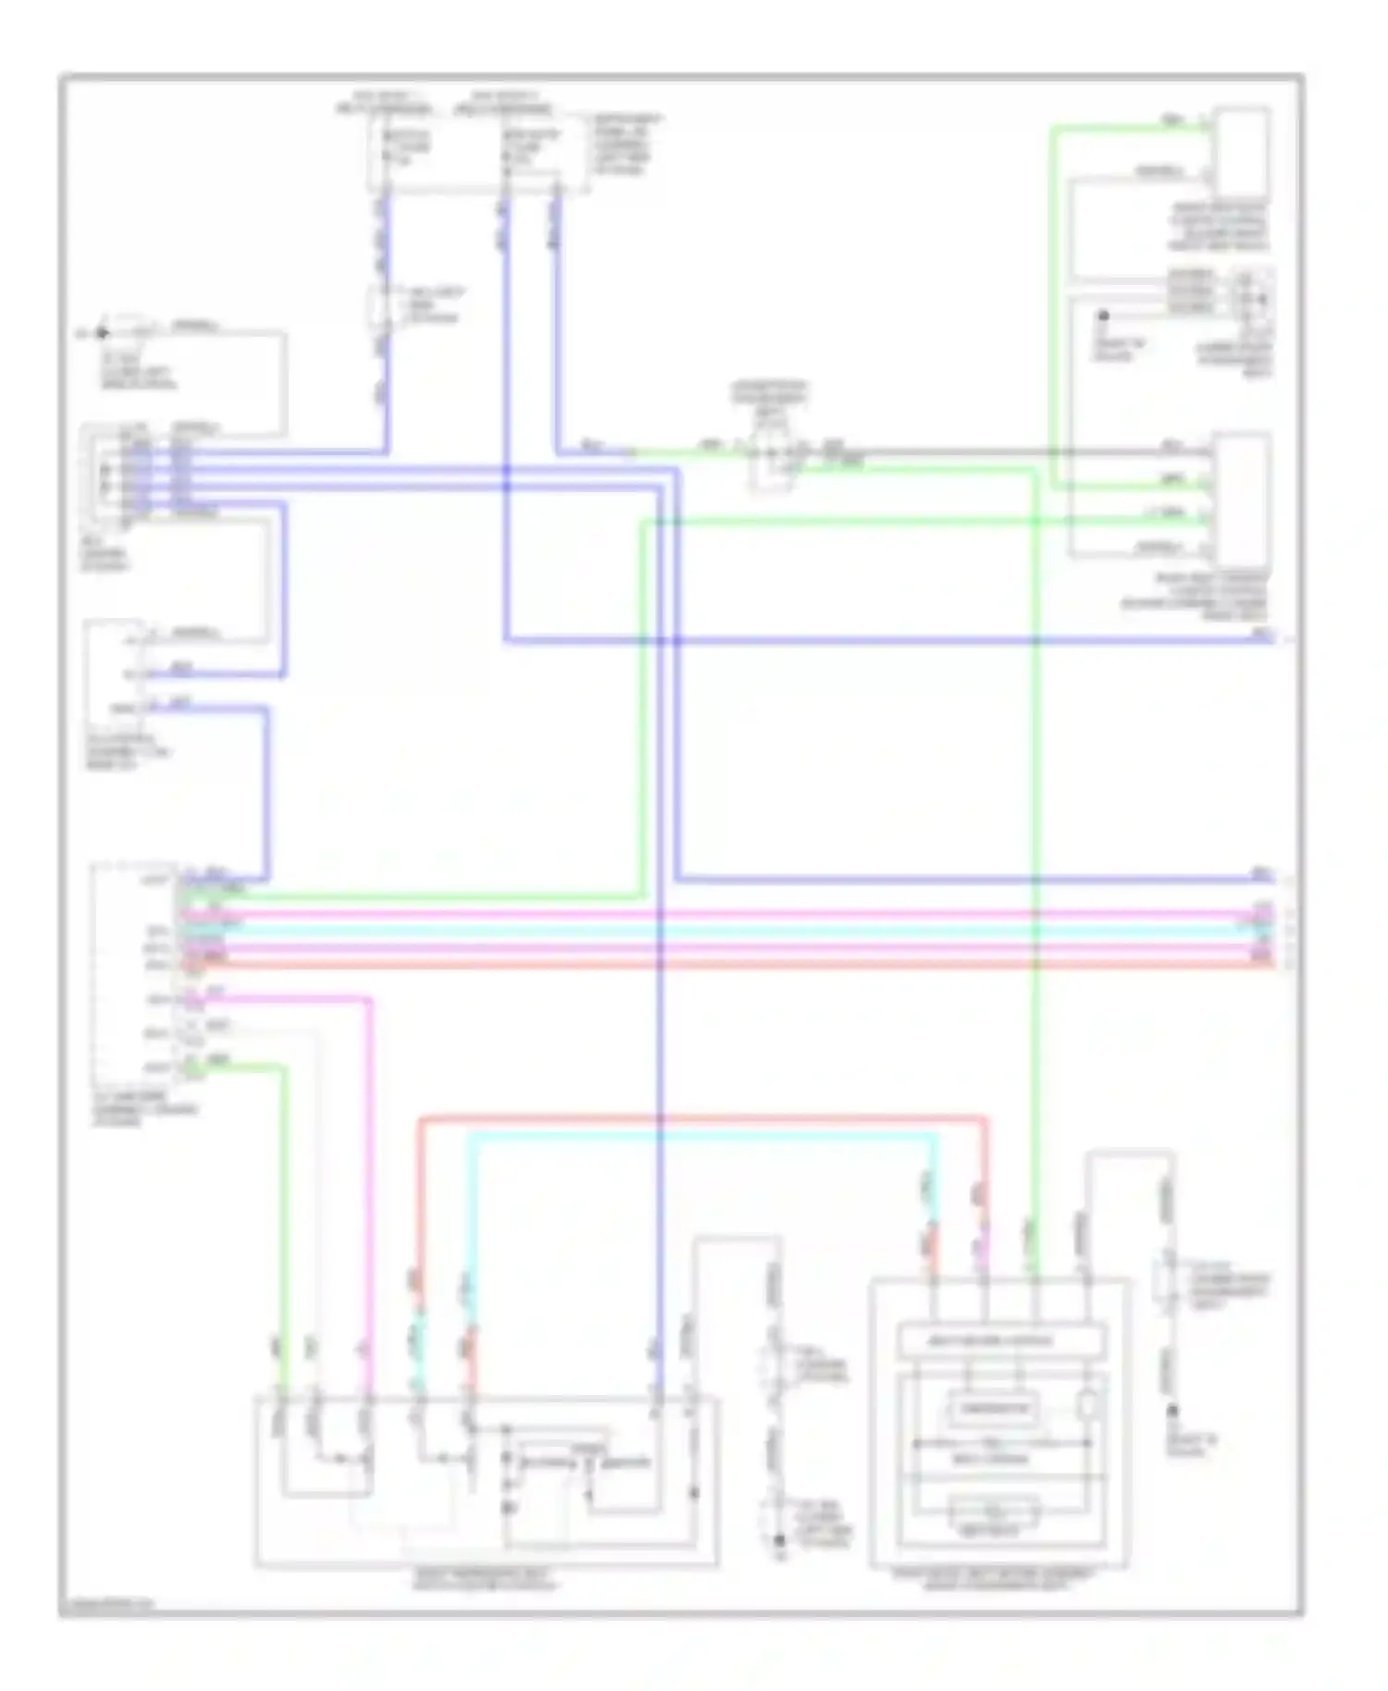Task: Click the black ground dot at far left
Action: (x=102, y=333)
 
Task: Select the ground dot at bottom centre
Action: (x=779, y=1541)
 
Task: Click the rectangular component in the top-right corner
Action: (x=1242, y=153)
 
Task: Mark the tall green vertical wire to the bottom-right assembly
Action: (x=1035, y=833)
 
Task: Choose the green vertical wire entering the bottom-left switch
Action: (x=282, y=1203)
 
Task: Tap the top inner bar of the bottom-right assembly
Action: (x=1002, y=1340)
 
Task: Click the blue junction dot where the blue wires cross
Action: (x=506, y=471)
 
